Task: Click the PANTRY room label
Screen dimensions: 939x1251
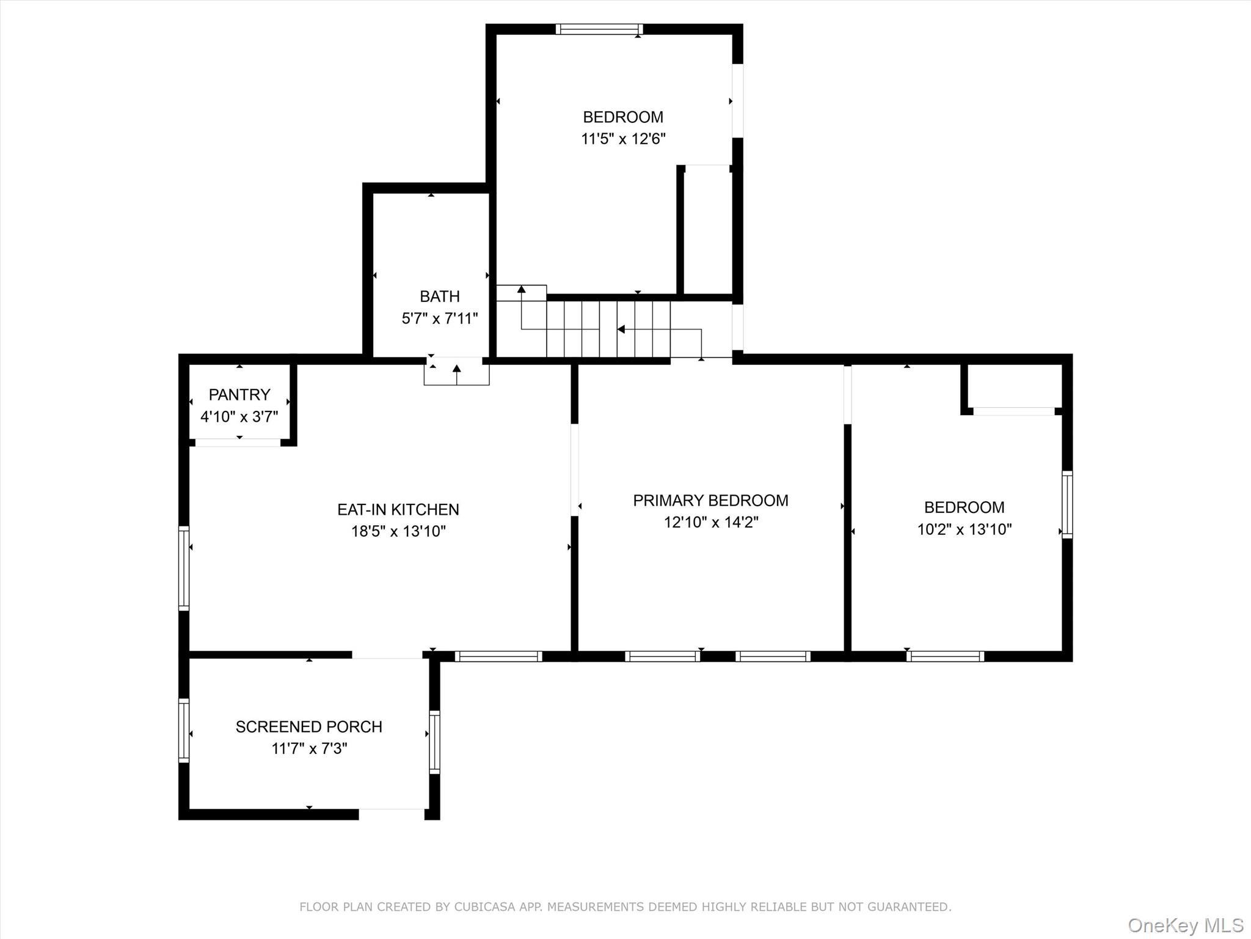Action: click(x=239, y=394)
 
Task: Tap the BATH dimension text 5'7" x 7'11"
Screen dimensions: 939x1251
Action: click(x=439, y=319)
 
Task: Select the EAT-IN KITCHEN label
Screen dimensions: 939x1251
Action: click(x=398, y=509)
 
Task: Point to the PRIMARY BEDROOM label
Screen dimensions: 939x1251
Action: click(x=710, y=501)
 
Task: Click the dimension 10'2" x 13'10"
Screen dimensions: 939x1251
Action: click(x=964, y=529)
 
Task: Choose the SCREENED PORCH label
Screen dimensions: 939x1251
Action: click(x=308, y=726)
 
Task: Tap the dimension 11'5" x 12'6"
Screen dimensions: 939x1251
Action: click(x=622, y=139)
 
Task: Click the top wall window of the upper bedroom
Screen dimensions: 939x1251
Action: click(x=599, y=29)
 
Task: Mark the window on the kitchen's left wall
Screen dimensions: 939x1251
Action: click(x=184, y=568)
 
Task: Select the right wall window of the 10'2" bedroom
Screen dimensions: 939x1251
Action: click(x=1067, y=504)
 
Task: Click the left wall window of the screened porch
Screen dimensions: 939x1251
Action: click(x=184, y=730)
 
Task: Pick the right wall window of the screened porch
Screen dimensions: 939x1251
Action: click(x=434, y=742)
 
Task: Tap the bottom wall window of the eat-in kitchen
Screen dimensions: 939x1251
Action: click(x=498, y=656)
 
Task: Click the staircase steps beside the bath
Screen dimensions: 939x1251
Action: click(x=608, y=329)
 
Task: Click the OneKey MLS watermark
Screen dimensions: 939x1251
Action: click(x=1185, y=925)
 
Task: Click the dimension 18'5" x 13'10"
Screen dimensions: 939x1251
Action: click(x=398, y=531)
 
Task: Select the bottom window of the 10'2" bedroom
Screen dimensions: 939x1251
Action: click(x=944, y=656)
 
